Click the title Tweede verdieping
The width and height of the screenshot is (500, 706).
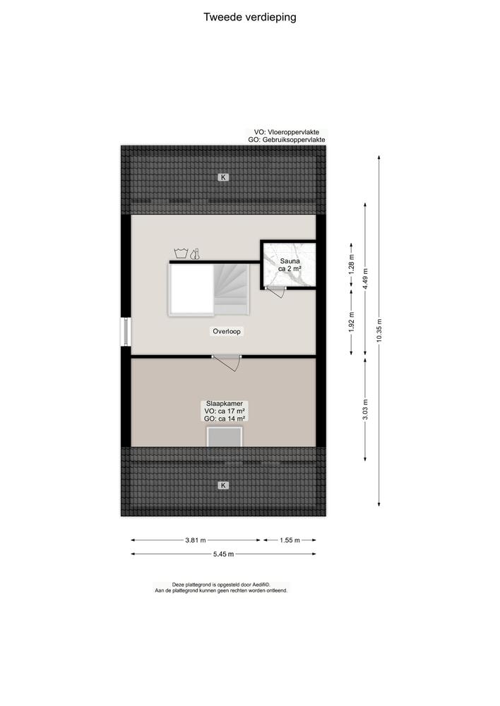click(x=250, y=18)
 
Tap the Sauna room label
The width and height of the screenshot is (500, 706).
click(x=290, y=264)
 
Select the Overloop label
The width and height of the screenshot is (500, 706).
click(x=227, y=331)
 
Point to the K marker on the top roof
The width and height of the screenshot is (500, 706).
click(x=223, y=177)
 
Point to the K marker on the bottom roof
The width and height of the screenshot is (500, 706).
click(x=223, y=485)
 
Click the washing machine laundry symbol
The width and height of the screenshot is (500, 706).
click(x=181, y=253)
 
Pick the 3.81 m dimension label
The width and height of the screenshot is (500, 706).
click(x=196, y=540)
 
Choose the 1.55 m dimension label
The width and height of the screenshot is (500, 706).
click(x=290, y=540)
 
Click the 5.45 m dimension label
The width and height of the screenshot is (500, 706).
click(x=224, y=554)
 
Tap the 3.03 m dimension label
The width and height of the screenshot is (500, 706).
click(x=365, y=410)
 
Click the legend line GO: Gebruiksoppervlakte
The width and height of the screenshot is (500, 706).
click(x=287, y=140)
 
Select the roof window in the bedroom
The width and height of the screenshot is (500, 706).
click(x=225, y=437)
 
